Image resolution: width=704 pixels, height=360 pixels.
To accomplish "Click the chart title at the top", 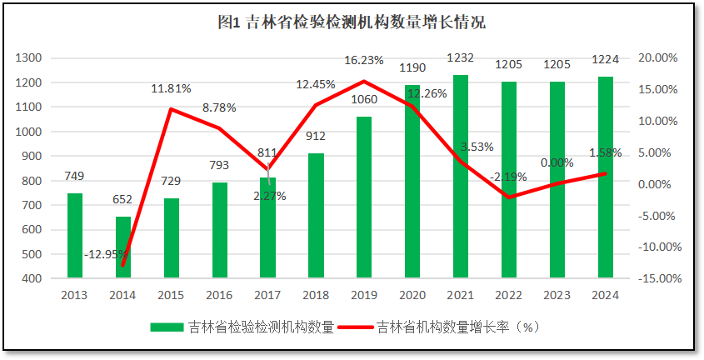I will [x=352, y=23].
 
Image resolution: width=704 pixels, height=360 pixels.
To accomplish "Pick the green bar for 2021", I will [x=461, y=176].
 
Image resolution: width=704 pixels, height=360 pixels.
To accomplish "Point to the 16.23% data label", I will [x=363, y=60].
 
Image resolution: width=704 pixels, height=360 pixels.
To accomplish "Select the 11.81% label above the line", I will [x=172, y=88].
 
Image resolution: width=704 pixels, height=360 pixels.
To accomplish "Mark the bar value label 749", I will [x=75, y=176].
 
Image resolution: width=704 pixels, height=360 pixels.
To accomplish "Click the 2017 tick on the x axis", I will [x=267, y=294].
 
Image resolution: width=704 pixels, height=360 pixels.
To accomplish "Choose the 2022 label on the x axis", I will [x=509, y=294].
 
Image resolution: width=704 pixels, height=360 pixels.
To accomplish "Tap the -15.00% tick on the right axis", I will [x=656, y=278].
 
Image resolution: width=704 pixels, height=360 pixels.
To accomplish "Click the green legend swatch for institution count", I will [x=167, y=327].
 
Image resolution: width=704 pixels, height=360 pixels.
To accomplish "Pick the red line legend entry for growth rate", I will [x=358, y=327].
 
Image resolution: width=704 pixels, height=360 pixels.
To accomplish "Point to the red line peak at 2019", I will [x=364, y=81].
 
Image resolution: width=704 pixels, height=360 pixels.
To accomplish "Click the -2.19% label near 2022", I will [x=508, y=177].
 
